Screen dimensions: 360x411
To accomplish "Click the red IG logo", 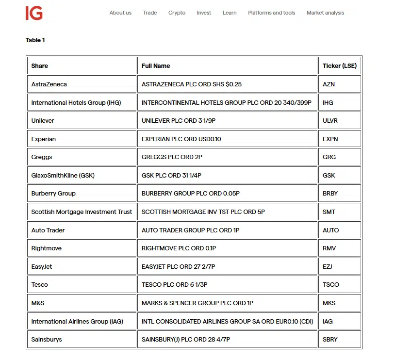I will [34, 13].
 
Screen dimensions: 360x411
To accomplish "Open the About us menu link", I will [120, 13].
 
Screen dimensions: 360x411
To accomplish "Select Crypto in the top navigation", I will [177, 13].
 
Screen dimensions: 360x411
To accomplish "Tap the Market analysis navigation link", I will [325, 13].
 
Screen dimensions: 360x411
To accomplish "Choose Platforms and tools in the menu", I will [271, 13].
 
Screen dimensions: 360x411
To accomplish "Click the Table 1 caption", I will [35, 40].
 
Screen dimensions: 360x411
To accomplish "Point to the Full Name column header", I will [156, 66].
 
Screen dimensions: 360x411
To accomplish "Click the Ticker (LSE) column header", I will [340, 66].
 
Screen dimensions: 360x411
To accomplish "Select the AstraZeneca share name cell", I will [49, 84].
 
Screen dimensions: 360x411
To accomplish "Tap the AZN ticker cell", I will [329, 84].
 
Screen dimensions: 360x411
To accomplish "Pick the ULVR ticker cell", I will [330, 121].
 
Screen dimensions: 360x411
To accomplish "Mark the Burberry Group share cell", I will [53, 194].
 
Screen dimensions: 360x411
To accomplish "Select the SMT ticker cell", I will [329, 212].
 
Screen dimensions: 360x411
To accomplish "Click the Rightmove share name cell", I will [46, 248].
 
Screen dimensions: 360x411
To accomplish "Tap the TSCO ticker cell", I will [330, 285].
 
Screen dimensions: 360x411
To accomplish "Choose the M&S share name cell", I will [38, 303].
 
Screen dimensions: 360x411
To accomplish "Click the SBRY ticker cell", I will [330, 340].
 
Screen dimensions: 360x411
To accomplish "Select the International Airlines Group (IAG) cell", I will [77, 322].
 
